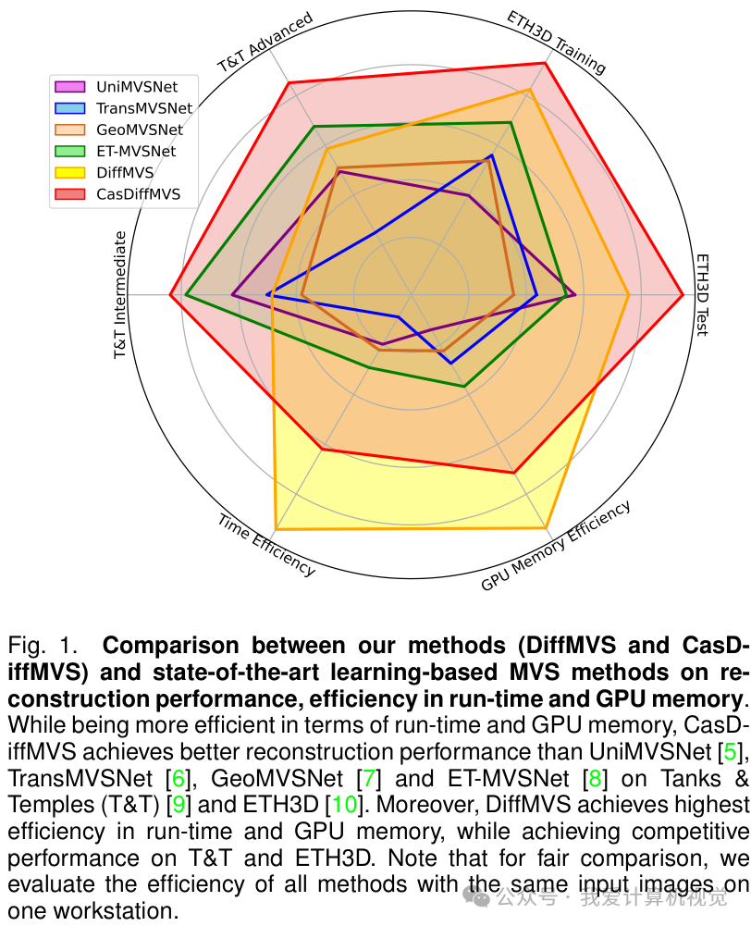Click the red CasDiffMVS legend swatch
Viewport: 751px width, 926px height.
click(x=70, y=194)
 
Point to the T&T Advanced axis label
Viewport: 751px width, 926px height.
click(x=265, y=42)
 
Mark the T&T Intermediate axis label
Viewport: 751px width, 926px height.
click(x=119, y=295)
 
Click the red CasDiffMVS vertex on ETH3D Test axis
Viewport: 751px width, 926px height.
click(x=683, y=295)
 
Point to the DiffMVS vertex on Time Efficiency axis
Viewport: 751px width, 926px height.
click(x=276, y=529)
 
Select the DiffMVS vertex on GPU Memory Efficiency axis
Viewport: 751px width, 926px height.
click(x=547, y=528)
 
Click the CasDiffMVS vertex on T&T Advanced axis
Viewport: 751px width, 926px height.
click(x=289, y=83)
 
